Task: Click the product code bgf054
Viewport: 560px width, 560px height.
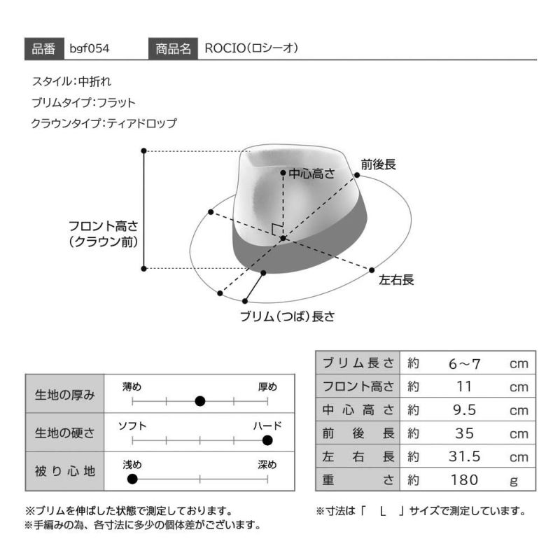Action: tap(90, 48)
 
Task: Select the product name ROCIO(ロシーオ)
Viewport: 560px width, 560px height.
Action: tap(251, 48)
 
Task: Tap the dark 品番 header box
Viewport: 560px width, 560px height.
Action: tap(44, 48)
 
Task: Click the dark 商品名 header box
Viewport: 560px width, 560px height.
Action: tap(173, 48)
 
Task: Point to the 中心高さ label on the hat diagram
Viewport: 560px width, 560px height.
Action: tap(311, 174)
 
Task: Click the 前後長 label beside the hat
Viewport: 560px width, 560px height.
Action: tap(378, 164)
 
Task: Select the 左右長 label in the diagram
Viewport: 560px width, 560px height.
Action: tap(396, 279)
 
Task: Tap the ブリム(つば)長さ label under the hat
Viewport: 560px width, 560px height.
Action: tap(288, 316)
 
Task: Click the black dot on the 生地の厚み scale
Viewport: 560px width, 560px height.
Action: tap(200, 401)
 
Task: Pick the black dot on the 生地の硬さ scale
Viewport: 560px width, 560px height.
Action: tap(267, 440)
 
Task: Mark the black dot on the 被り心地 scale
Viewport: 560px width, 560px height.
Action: tap(132, 479)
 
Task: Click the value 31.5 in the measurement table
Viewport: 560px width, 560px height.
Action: tap(464, 457)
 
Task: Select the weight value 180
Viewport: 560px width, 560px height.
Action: tap(464, 480)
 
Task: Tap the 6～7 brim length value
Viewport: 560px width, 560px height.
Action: tap(464, 364)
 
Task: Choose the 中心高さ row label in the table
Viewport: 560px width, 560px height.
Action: tap(358, 410)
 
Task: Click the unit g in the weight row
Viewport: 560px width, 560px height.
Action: tap(514, 481)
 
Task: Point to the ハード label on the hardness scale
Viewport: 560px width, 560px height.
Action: tap(267, 426)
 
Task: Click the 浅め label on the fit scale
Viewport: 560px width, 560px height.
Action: tap(132, 465)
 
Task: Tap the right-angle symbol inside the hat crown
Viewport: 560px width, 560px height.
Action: tap(276, 230)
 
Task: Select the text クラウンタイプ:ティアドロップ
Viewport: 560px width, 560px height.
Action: tap(104, 124)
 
